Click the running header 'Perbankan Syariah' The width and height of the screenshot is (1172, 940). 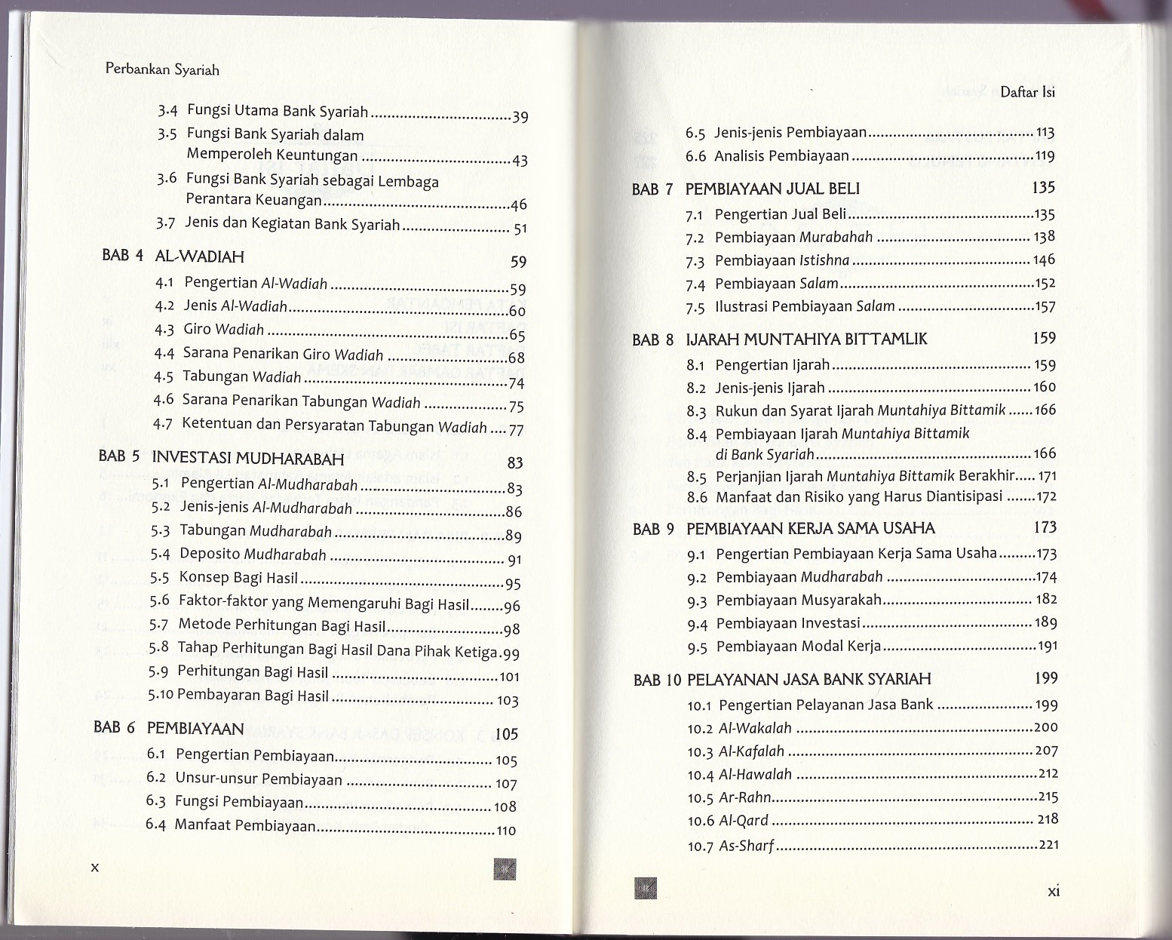tap(162, 69)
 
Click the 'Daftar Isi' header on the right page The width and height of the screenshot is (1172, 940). tap(1027, 92)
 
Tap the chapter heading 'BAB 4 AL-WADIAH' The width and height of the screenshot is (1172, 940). tap(173, 256)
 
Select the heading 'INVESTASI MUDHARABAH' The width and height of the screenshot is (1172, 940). tap(248, 458)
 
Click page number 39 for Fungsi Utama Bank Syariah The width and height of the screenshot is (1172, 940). tap(520, 117)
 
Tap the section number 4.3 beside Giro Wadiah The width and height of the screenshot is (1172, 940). tap(164, 330)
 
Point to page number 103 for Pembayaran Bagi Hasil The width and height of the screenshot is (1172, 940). tap(508, 701)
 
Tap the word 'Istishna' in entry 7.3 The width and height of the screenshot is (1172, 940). tap(824, 260)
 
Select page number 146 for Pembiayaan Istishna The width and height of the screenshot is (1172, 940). tap(1045, 260)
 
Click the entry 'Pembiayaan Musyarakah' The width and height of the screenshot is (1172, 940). tap(799, 601)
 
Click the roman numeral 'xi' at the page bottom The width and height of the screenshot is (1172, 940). tap(1054, 891)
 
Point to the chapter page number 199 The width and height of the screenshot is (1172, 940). tap(1046, 677)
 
